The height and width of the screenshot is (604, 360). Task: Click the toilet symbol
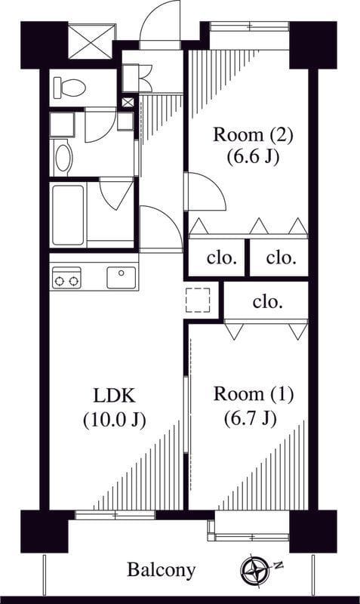pyautogui.click(x=69, y=88)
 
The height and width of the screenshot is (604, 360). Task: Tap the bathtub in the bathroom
pyautogui.click(x=68, y=215)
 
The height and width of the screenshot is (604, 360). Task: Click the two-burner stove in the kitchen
pyautogui.click(x=66, y=278)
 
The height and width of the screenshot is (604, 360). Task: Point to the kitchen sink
pyautogui.click(x=122, y=277)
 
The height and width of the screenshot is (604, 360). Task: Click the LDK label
pyautogui.click(x=115, y=396)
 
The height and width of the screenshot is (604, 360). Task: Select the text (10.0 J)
pyautogui.click(x=115, y=420)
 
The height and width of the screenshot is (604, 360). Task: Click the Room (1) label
pyautogui.click(x=254, y=394)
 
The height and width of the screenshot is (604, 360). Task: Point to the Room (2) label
pyautogui.click(x=254, y=135)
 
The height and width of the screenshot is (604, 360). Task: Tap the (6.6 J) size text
pyautogui.click(x=253, y=157)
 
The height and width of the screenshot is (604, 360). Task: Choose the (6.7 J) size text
pyautogui.click(x=251, y=418)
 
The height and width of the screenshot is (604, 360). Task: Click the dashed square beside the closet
pyautogui.click(x=198, y=300)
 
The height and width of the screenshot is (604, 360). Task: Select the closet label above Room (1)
pyautogui.click(x=268, y=302)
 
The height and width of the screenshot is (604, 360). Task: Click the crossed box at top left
pyautogui.click(x=91, y=42)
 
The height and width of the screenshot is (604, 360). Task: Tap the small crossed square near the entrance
pyautogui.click(x=128, y=102)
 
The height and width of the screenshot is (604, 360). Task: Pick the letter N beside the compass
pyautogui.click(x=278, y=565)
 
